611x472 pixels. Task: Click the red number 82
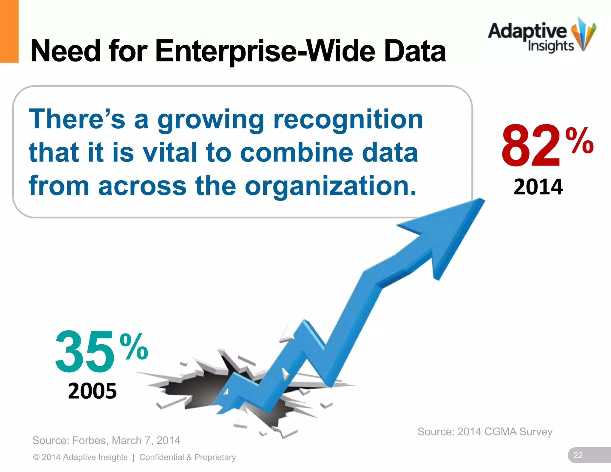coord(531,146)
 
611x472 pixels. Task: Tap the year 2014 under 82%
coord(538,187)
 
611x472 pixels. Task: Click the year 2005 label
coord(92,391)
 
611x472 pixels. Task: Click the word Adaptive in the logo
coord(527,31)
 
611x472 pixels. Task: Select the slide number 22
coord(578,455)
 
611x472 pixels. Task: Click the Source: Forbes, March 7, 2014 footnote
coord(106,440)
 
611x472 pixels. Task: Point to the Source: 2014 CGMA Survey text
coord(485,432)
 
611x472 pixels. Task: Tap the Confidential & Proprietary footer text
coord(187,457)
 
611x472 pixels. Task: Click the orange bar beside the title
coord(9,31)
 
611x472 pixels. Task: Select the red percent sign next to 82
coord(579,140)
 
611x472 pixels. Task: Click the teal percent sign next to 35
coord(134,347)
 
